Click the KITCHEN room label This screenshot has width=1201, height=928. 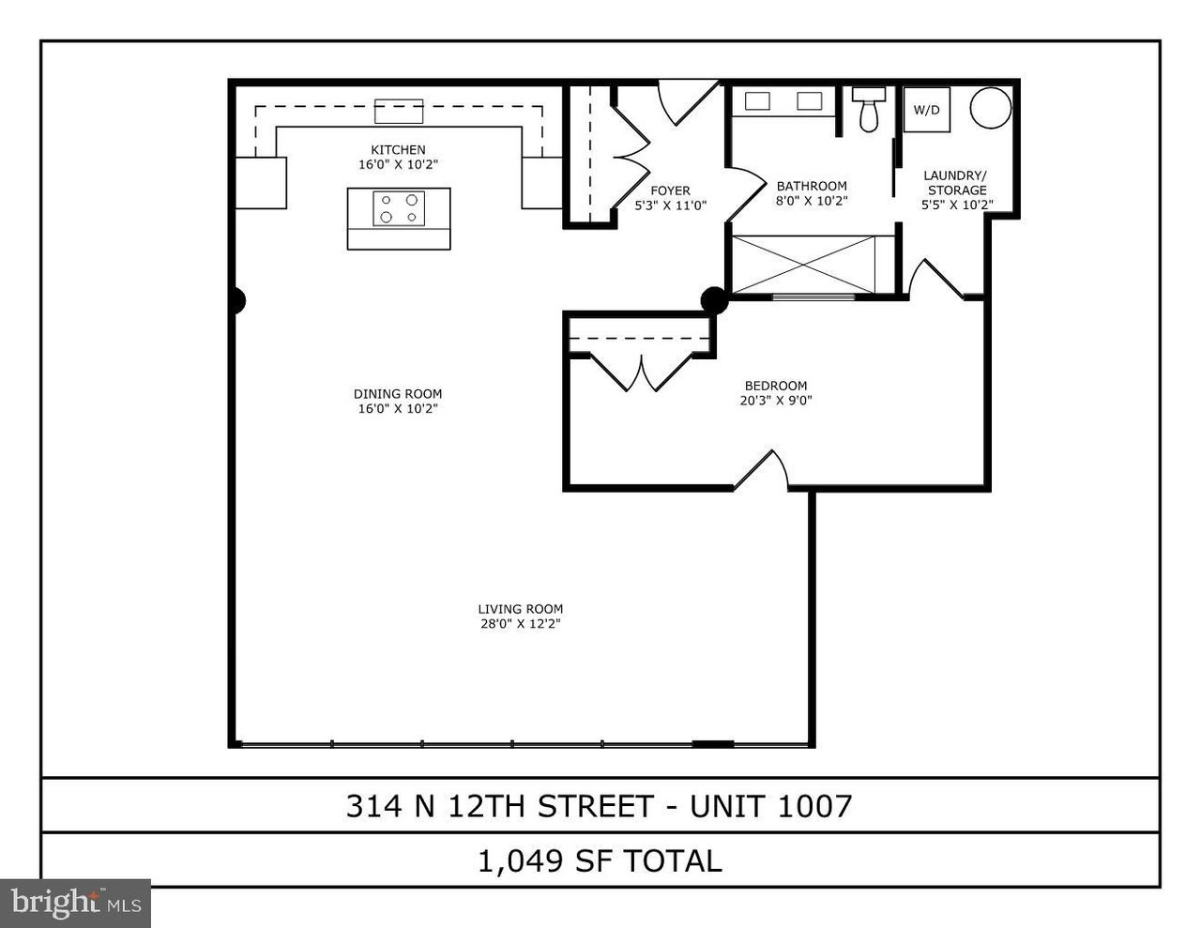point(398,150)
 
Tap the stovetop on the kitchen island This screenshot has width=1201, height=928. point(399,208)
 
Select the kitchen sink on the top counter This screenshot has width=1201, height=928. point(399,110)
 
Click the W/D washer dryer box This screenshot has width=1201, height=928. point(926,110)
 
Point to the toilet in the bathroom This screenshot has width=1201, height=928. point(867,111)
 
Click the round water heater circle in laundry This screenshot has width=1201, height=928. point(990,108)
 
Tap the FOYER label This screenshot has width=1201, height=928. point(670,190)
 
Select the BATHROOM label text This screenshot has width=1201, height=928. point(812,186)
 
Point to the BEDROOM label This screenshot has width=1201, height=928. point(775,386)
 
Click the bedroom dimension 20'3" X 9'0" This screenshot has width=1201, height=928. point(775,401)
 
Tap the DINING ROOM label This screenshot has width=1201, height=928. point(398,394)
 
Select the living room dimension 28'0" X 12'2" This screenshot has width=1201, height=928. point(520,624)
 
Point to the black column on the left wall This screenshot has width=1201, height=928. point(237,301)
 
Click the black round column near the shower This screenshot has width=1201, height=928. point(714,300)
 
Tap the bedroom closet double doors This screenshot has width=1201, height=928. point(640,372)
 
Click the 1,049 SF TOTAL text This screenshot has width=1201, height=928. point(600,860)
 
